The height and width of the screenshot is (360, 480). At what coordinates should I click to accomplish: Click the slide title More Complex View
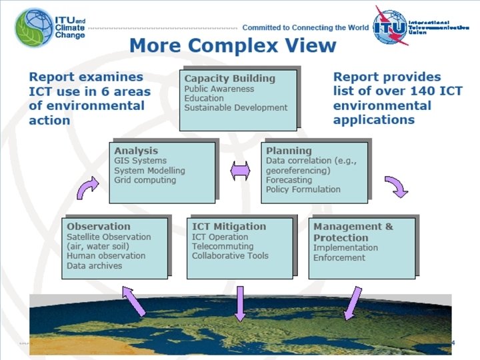233,47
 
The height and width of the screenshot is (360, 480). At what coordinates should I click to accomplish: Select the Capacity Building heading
220,78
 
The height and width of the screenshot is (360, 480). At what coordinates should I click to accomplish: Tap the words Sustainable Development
236,108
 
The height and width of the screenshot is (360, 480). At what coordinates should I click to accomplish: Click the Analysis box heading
136,151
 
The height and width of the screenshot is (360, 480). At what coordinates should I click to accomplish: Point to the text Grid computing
145,180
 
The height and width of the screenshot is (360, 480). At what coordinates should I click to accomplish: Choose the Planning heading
289,151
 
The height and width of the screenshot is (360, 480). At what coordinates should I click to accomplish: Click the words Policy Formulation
303,189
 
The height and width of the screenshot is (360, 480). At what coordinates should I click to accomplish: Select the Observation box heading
99,226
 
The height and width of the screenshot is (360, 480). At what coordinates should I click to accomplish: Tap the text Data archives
95,265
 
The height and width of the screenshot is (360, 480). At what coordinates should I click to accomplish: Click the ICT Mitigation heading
229,226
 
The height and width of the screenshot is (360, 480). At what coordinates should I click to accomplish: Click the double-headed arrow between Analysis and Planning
239,171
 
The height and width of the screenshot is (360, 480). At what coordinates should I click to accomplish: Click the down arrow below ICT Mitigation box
240,303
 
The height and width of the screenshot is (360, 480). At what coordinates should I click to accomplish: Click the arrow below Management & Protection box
351,303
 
